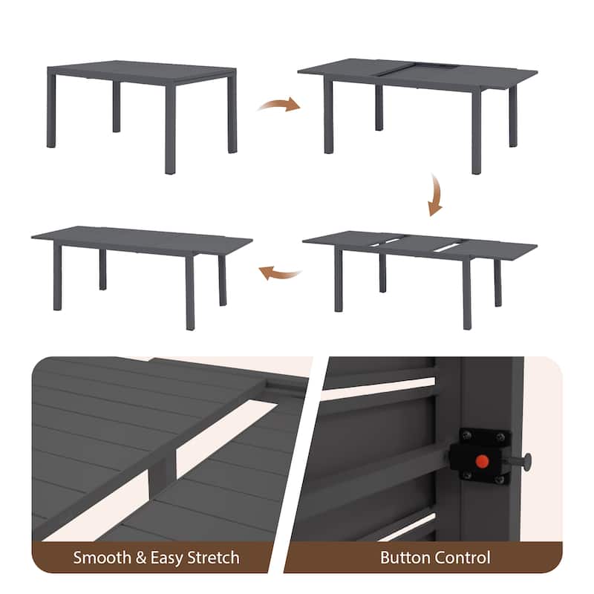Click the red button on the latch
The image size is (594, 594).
[x=482, y=461]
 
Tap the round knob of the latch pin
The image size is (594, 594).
[x=527, y=462]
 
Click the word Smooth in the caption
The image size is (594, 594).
[x=102, y=558]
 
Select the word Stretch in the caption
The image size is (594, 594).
[x=214, y=558]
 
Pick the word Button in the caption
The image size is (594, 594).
[x=405, y=558]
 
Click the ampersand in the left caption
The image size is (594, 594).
[x=140, y=558]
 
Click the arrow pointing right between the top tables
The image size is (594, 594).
[x=280, y=104]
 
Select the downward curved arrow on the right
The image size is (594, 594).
[x=435, y=195]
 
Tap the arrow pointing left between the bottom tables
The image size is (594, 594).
[x=280, y=272]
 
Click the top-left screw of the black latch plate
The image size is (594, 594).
[x=467, y=436]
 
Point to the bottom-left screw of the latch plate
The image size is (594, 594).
[x=467, y=474]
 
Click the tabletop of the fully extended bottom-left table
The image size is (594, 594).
[x=142, y=238]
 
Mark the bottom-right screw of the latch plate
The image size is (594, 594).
[x=500, y=480]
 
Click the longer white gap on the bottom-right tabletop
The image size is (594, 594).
[x=449, y=247]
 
